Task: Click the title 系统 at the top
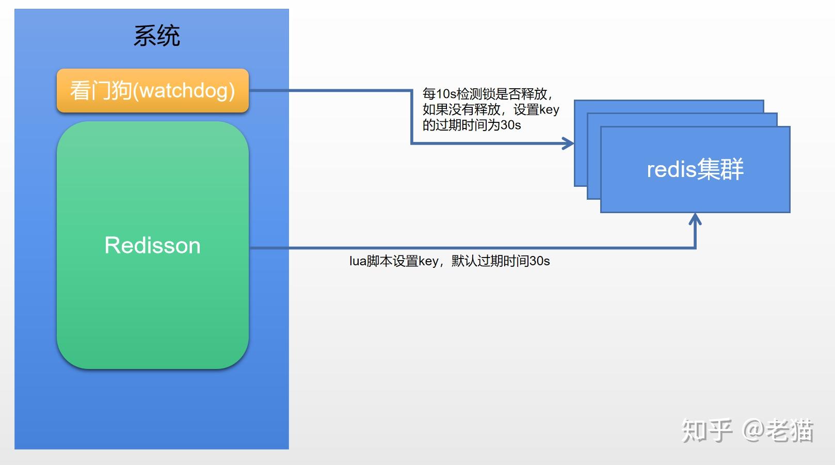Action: point(156,36)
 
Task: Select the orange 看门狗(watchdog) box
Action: point(152,91)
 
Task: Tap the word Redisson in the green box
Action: point(152,245)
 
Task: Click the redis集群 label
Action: point(695,169)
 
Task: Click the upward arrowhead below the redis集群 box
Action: point(695,219)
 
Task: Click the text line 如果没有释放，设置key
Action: point(490,109)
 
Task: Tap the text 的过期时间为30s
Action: point(472,125)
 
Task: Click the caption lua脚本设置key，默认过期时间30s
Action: point(449,261)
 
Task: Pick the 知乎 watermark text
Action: point(706,430)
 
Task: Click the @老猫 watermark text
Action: point(778,430)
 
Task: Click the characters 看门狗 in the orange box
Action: point(101,91)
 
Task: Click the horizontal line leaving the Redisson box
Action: point(464,248)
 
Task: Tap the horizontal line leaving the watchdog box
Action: point(330,90)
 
